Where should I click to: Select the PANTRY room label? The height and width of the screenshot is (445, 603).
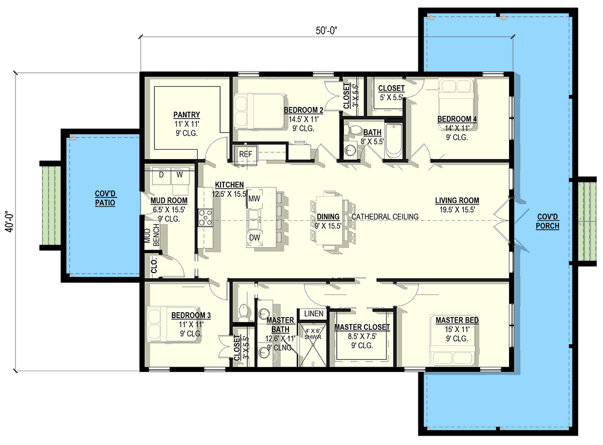pyautogui.click(x=187, y=115)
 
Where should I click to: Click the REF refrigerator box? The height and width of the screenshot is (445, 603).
pyautogui.click(x=245, y=154)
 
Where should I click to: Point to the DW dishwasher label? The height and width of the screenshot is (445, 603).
pyautogui.click(x=255, y=238)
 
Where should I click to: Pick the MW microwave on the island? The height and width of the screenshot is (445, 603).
pyautogui.click(x=255, y=198)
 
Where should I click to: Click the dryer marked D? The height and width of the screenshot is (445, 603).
pyautogui.click(x=161, y=175)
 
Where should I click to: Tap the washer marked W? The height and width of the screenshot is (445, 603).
pyautogui.click(x=180, y=175)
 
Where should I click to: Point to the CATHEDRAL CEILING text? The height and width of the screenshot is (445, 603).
pyautogui.click(x=385, y=216)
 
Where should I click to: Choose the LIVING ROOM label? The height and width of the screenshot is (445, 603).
pyautogui.click(x=457, y=200)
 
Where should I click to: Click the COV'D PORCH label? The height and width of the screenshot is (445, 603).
pyautogui.click(x=548, y=221)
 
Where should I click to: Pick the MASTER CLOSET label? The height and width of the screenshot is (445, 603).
pyautogui.click(x=362, y=327)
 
